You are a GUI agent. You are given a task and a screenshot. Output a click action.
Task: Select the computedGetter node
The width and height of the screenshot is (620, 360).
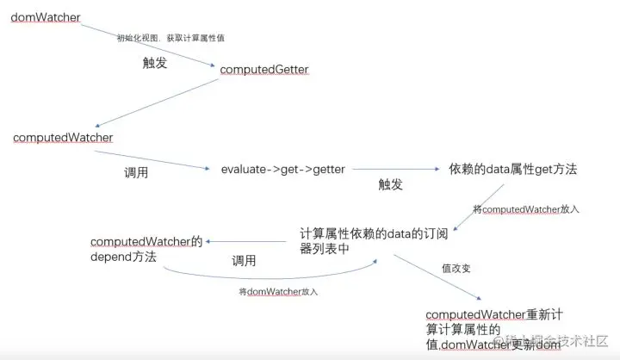(x=263, y=69)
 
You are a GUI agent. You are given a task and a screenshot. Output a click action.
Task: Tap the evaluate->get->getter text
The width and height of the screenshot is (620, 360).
(x=282, y=170)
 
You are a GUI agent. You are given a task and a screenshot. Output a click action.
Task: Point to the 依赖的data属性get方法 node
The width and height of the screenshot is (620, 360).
(x=512, y=170)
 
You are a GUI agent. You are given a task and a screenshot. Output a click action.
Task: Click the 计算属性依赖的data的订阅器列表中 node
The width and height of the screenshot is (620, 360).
(x=361, y=242)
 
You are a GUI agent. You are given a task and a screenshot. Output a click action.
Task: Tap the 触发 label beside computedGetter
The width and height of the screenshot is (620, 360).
(x=155, y=62)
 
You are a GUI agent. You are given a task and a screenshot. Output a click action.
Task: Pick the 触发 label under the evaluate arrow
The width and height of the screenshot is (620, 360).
(x=391, y=185)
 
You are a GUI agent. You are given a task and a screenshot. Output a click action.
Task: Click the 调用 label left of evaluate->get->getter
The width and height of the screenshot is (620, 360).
(x=137, y=172)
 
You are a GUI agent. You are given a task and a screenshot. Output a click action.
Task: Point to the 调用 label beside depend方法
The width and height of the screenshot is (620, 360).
(x=244, y=260)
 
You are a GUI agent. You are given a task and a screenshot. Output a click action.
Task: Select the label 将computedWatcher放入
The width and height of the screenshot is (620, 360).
(x=527, y=208)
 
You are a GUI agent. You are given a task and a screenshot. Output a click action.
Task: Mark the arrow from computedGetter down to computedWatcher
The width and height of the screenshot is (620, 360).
(x=155, y=103)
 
